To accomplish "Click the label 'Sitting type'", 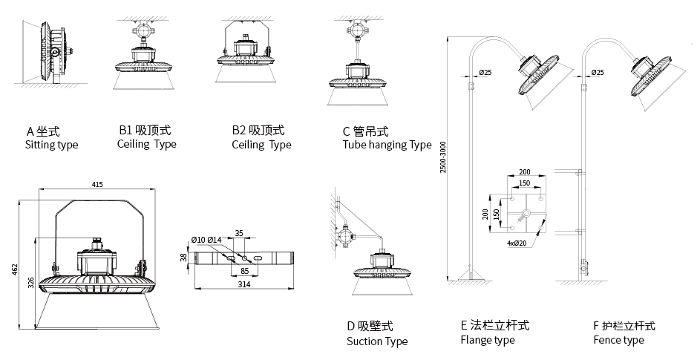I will (51, 145).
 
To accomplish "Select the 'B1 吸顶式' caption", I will (144, 131).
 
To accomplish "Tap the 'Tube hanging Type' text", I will (387, 145).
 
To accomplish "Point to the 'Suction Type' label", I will (377, 341).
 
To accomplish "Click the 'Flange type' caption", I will (488, 341).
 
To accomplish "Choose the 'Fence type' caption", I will (618, 341).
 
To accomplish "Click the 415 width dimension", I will (97, 184).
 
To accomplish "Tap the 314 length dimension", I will (243, 284).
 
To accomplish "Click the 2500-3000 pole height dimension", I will (443, 158).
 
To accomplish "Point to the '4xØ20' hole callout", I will (516, 243).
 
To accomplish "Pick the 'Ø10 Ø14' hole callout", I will (206, 239).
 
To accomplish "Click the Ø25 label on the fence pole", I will (597, 72).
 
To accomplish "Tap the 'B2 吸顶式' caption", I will (258, 131).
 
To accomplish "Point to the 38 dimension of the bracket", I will (183, 257).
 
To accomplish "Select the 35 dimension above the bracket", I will (239, 233).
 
